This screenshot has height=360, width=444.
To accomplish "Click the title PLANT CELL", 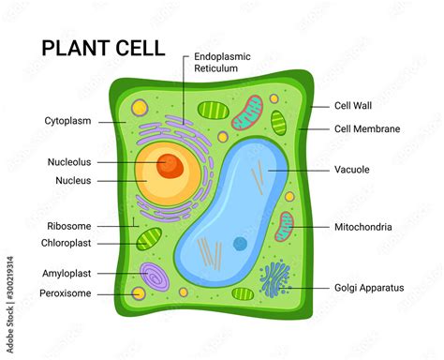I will click(x=102, y=48).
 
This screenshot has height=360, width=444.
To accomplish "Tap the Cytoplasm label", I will click(x=67, y=121).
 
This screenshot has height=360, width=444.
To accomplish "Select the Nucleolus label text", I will click(x=69, y=162).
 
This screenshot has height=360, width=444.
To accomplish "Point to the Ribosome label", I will click(x=68, y=226).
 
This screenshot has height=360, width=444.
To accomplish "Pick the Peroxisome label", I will click(x=67, y=293).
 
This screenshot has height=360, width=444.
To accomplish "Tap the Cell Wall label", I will click(x=353, y=106).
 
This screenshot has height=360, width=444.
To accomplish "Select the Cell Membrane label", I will click(x=367, y=128).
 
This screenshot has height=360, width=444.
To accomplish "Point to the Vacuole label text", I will click(x=351, y=170).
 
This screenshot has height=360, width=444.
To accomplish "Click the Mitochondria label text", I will click(x=363, y=227).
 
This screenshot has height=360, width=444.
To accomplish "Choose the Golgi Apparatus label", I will click(x=369, y=288).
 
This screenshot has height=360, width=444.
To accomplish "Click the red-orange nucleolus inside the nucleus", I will click(x=170, y=166).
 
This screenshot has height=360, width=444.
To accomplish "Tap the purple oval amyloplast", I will click(x=153, y=276).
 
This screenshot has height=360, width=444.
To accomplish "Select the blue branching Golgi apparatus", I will click(x=274, y=278).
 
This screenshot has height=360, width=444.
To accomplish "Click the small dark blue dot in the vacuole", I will click(x=241, y=244).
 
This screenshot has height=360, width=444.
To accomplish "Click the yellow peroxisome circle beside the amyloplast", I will click(x=139, y=293).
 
